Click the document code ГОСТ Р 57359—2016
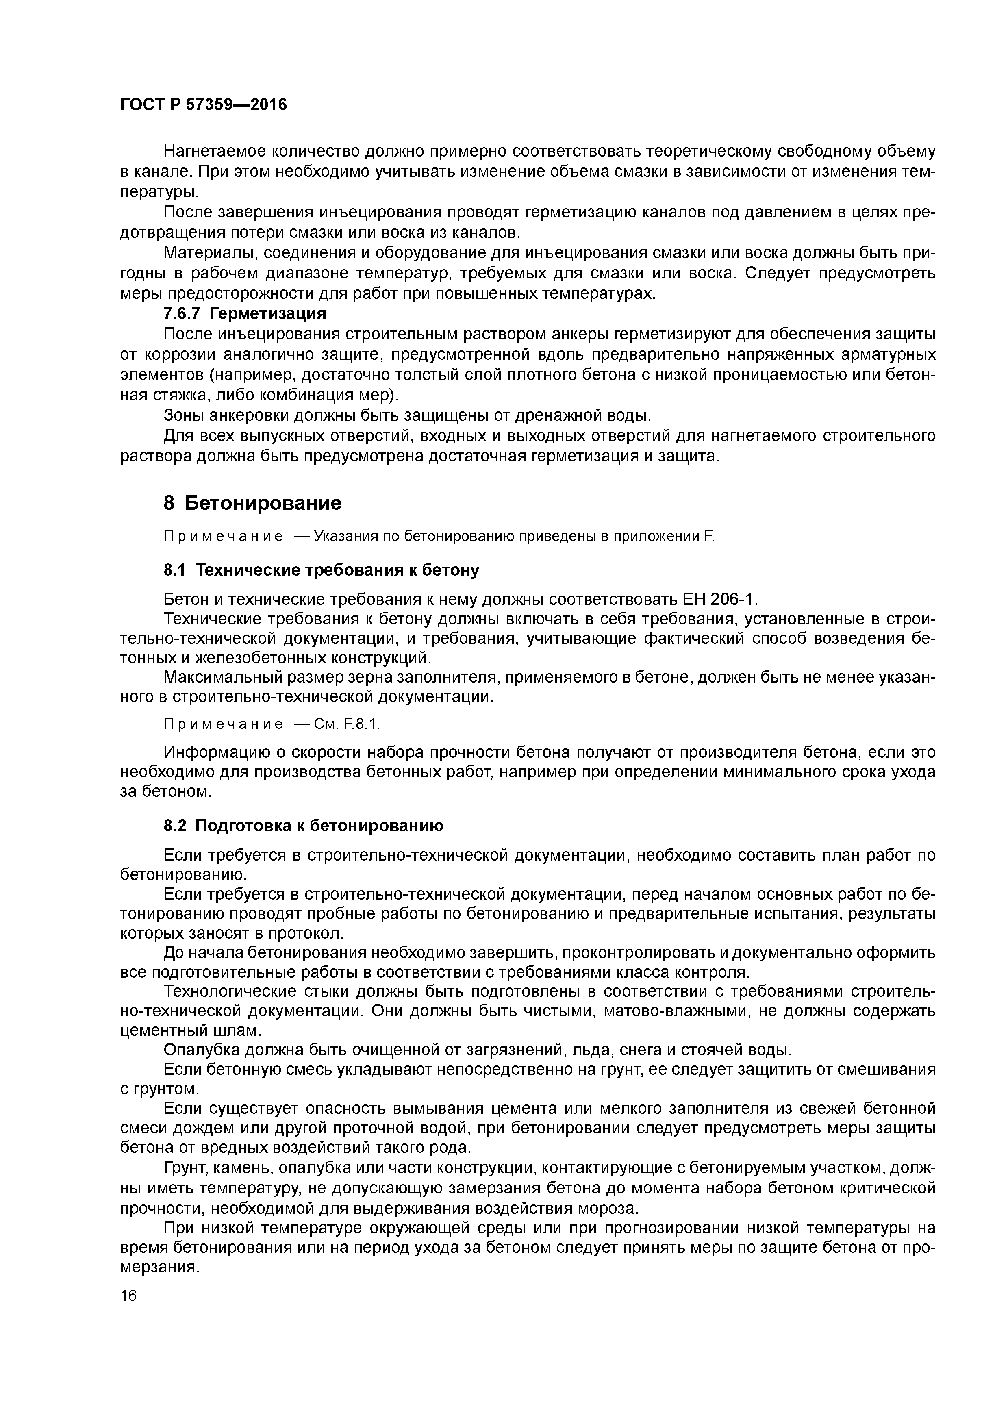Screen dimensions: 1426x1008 coord(203,105)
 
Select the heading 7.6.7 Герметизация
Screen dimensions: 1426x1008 coord(245,314)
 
